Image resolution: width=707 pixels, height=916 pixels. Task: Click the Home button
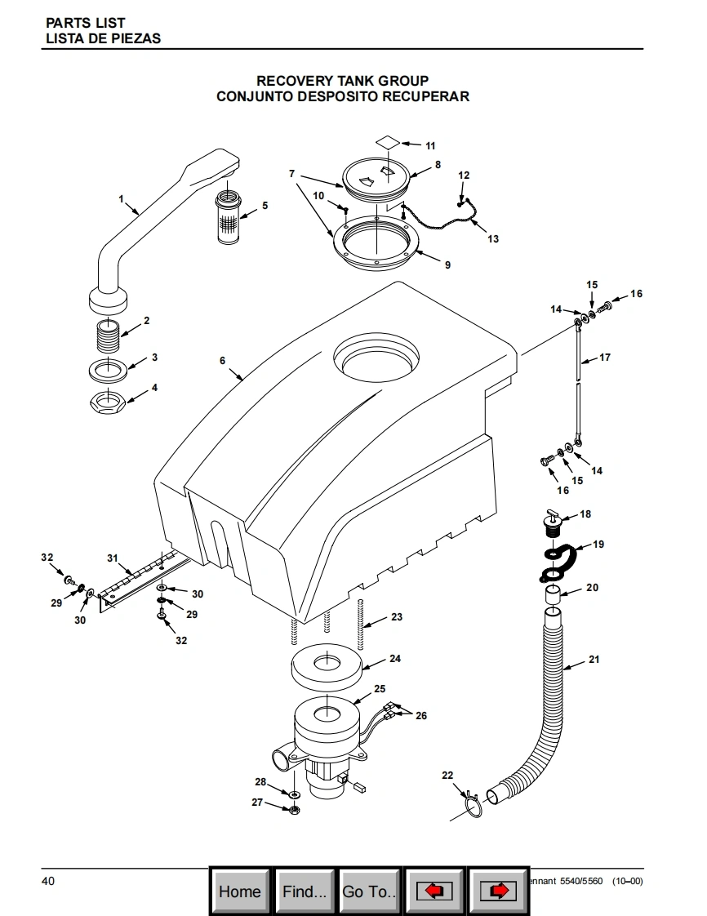click(240, 892)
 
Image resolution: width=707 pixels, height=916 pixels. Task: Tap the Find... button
click(305, 892)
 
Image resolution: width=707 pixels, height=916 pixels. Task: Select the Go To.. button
click(370, 892)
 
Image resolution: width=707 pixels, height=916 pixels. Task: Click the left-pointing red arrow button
click(434, 892)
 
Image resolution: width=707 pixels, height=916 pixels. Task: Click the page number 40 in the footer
click(48, 881)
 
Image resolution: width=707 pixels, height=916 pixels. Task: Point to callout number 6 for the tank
click(222, 360)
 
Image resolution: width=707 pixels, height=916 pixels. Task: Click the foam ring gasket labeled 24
click(327, 671)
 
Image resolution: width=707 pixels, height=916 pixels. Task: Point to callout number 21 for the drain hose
click(594, 660)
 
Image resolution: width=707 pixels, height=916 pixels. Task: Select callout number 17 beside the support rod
click(605, 358)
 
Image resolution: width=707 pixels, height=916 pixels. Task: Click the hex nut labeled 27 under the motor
click(294, 809)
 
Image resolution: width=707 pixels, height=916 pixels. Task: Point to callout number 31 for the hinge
click(113, 558)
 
